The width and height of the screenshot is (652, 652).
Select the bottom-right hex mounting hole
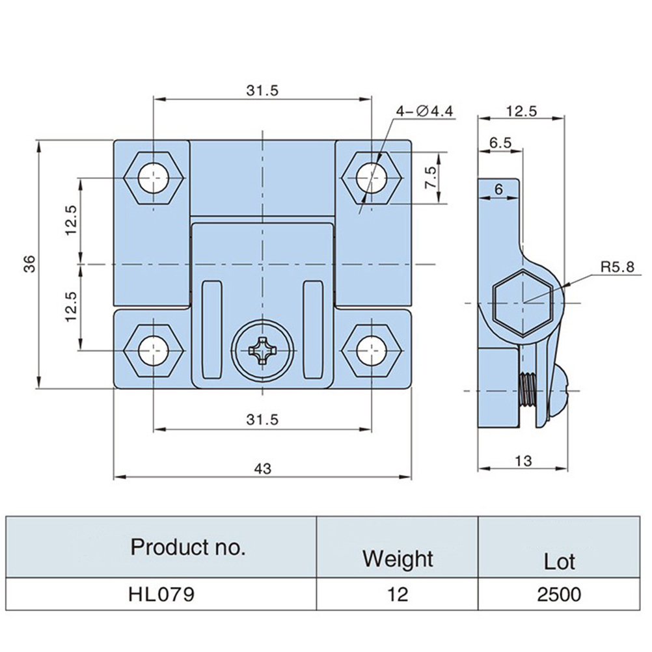tap(371, 351)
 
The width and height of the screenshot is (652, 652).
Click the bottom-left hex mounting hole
tap(154, 351)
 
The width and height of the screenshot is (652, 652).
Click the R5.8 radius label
tap(616, 267)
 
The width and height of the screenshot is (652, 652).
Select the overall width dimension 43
tap(262, 468)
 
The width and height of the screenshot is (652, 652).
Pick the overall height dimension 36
tap(30, 264)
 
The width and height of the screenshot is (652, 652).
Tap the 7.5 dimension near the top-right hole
tap(430, 177)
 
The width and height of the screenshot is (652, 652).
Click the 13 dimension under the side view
tap(523, 461)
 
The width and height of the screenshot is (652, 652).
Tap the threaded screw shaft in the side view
tap(528, 391)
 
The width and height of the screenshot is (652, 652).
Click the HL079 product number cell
tap(161, 593)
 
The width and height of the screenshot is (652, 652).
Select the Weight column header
tap(398, 558)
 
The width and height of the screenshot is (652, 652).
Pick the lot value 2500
tap(560, 593)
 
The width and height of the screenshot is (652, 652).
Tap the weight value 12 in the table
tap(398, 593)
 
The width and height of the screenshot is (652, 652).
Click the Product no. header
tap(188, 547)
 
